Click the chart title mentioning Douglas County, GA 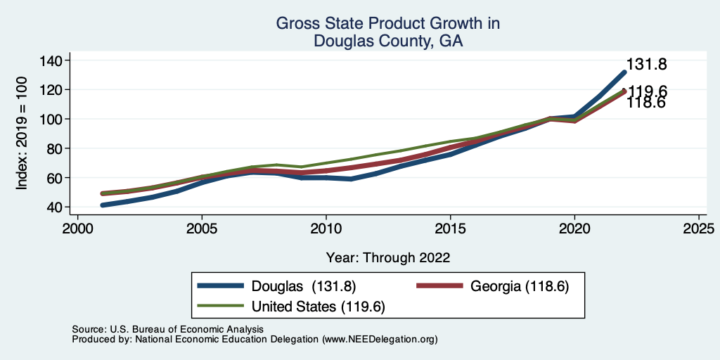(387, 32)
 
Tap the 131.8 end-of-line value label (646, 65)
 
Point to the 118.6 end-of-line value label (646, 103)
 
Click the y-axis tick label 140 (51, 60)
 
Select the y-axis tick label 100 (51, 119)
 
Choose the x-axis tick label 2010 (326, 230)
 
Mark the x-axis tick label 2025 (699, 230)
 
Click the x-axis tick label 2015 (450, 230)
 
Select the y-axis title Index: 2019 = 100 (22, 134)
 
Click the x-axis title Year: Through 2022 (387, 257)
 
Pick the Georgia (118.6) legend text (519, 286)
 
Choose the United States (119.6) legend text (319, 307)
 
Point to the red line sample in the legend (440, 286)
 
